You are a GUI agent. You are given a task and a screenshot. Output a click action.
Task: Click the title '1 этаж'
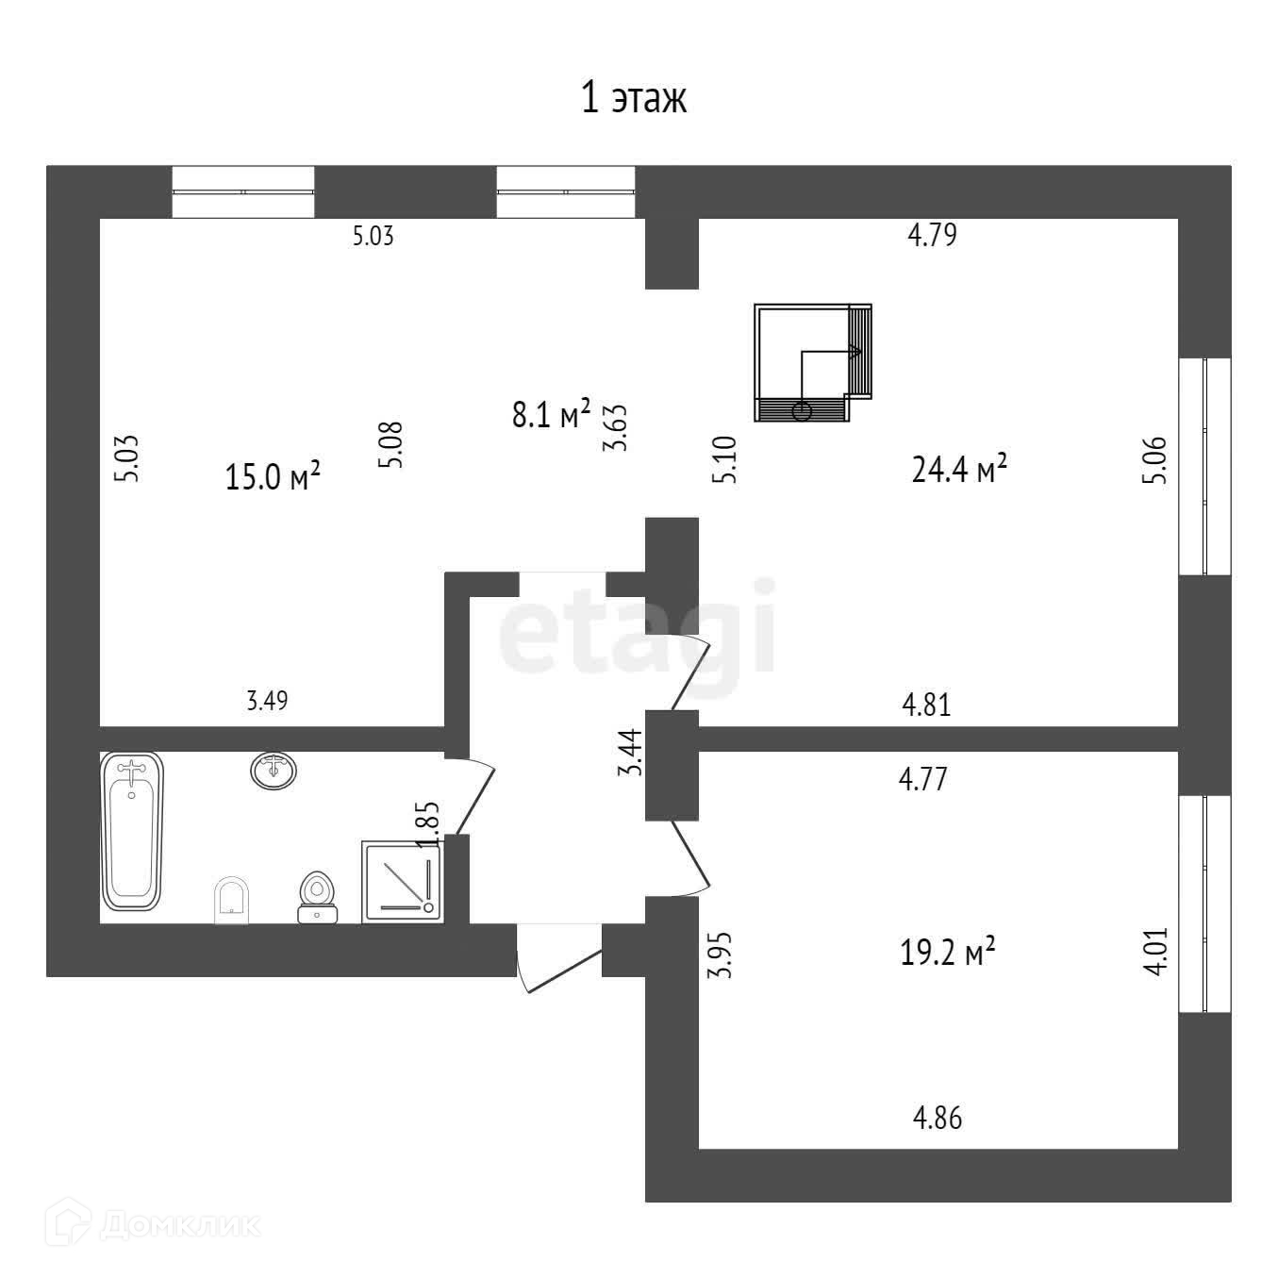pyautogui.click(x=633, y=98)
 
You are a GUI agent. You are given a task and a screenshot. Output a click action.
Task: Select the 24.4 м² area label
pyautogui.click(x=959, y=468)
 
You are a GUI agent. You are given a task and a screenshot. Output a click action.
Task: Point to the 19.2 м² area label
pyautogui.click(x=948, y=953)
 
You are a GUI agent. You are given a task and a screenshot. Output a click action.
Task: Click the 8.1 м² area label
pyautogui.click(x=551, y=414)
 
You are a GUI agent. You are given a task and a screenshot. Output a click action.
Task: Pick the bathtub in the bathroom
pyautogui.click(x=132, y=831)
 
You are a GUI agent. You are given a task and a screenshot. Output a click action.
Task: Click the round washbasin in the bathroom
pyautogui.click(x=274, y=771)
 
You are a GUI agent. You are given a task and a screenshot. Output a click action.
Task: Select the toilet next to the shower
pyautogui.click(x=317, y=896)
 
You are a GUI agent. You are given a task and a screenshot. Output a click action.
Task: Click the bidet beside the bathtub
pyautogui.click(x=232, y=900)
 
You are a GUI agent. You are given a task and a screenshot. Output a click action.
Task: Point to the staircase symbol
pyautogui.click(x=812, y=362)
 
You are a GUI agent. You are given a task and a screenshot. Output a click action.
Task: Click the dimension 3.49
pyautogui.click(x=267, y=701)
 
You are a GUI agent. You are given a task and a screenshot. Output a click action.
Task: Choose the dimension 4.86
pyautogui.click(x=938, y=1119)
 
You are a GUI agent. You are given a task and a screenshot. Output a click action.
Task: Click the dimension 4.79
pyautogui.click(x=932, y=235)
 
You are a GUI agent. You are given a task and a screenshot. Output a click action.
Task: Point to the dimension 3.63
pyautogui.click(x=617, y=428)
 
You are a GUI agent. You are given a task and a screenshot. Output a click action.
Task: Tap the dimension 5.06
pyautogui.click(x=1159, y=459)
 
